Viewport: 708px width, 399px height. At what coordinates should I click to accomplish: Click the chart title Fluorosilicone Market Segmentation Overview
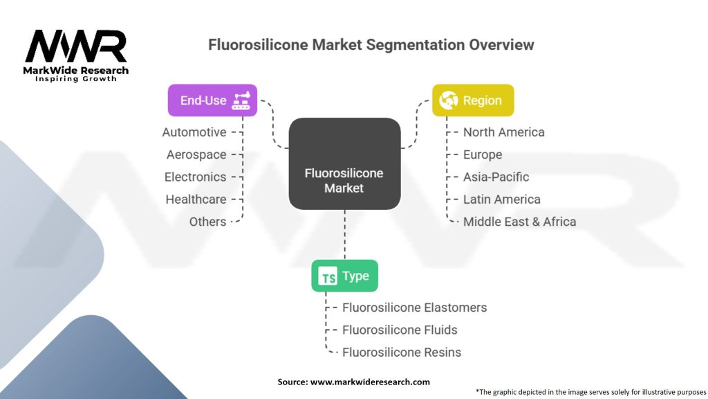click(371, 45)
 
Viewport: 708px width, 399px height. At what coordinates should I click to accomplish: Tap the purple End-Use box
click(212, 100)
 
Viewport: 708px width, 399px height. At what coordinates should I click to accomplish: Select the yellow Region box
click(473, 100)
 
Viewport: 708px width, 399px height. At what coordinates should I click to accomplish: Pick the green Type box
click(344, 276)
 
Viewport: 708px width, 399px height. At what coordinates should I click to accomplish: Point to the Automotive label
click(194, 132)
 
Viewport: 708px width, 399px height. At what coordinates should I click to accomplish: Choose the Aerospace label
click(196, 154)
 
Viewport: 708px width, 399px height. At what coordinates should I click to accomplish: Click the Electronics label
click(195, 177)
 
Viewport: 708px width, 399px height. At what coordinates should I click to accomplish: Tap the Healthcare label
click(196, 199)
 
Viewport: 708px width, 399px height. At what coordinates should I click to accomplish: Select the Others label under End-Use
click(207, 222)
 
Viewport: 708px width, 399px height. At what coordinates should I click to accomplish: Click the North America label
click(504, 132)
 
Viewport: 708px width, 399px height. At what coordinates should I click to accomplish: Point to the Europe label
click(483, 154)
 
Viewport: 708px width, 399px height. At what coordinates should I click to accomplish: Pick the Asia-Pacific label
click(496, 177)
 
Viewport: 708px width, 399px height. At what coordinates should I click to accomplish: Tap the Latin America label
click(502, 199)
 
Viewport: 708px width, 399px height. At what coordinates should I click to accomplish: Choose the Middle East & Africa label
click(519, 222)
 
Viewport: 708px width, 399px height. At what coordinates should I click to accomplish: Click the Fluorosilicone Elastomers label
click(415, 308)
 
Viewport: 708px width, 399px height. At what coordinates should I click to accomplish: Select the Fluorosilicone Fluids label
click(400, 330)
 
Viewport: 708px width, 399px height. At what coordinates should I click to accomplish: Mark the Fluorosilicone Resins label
click(402, 352)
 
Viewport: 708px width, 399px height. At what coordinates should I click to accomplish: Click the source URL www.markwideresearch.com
click(371, 382)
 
